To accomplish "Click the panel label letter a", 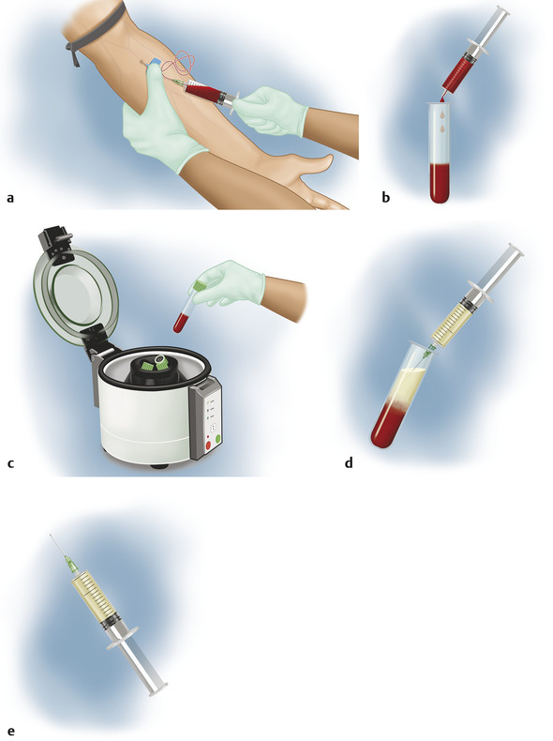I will point(10,198).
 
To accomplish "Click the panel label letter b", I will point(386,198).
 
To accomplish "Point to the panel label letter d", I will point(349,462).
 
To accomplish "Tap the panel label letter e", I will point(10,730).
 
